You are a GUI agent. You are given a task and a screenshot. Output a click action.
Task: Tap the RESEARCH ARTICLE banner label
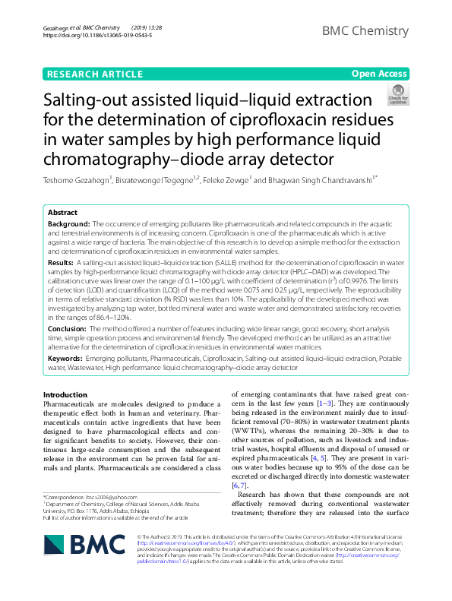(94, 74)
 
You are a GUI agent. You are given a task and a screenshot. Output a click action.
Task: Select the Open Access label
(379, 74)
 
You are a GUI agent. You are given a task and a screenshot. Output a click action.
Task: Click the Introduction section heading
(65, 394)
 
